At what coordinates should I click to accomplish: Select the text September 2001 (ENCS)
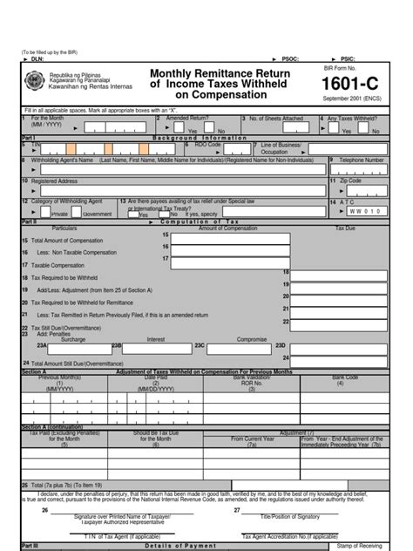point(356,100)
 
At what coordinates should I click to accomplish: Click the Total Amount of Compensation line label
point(69,240)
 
